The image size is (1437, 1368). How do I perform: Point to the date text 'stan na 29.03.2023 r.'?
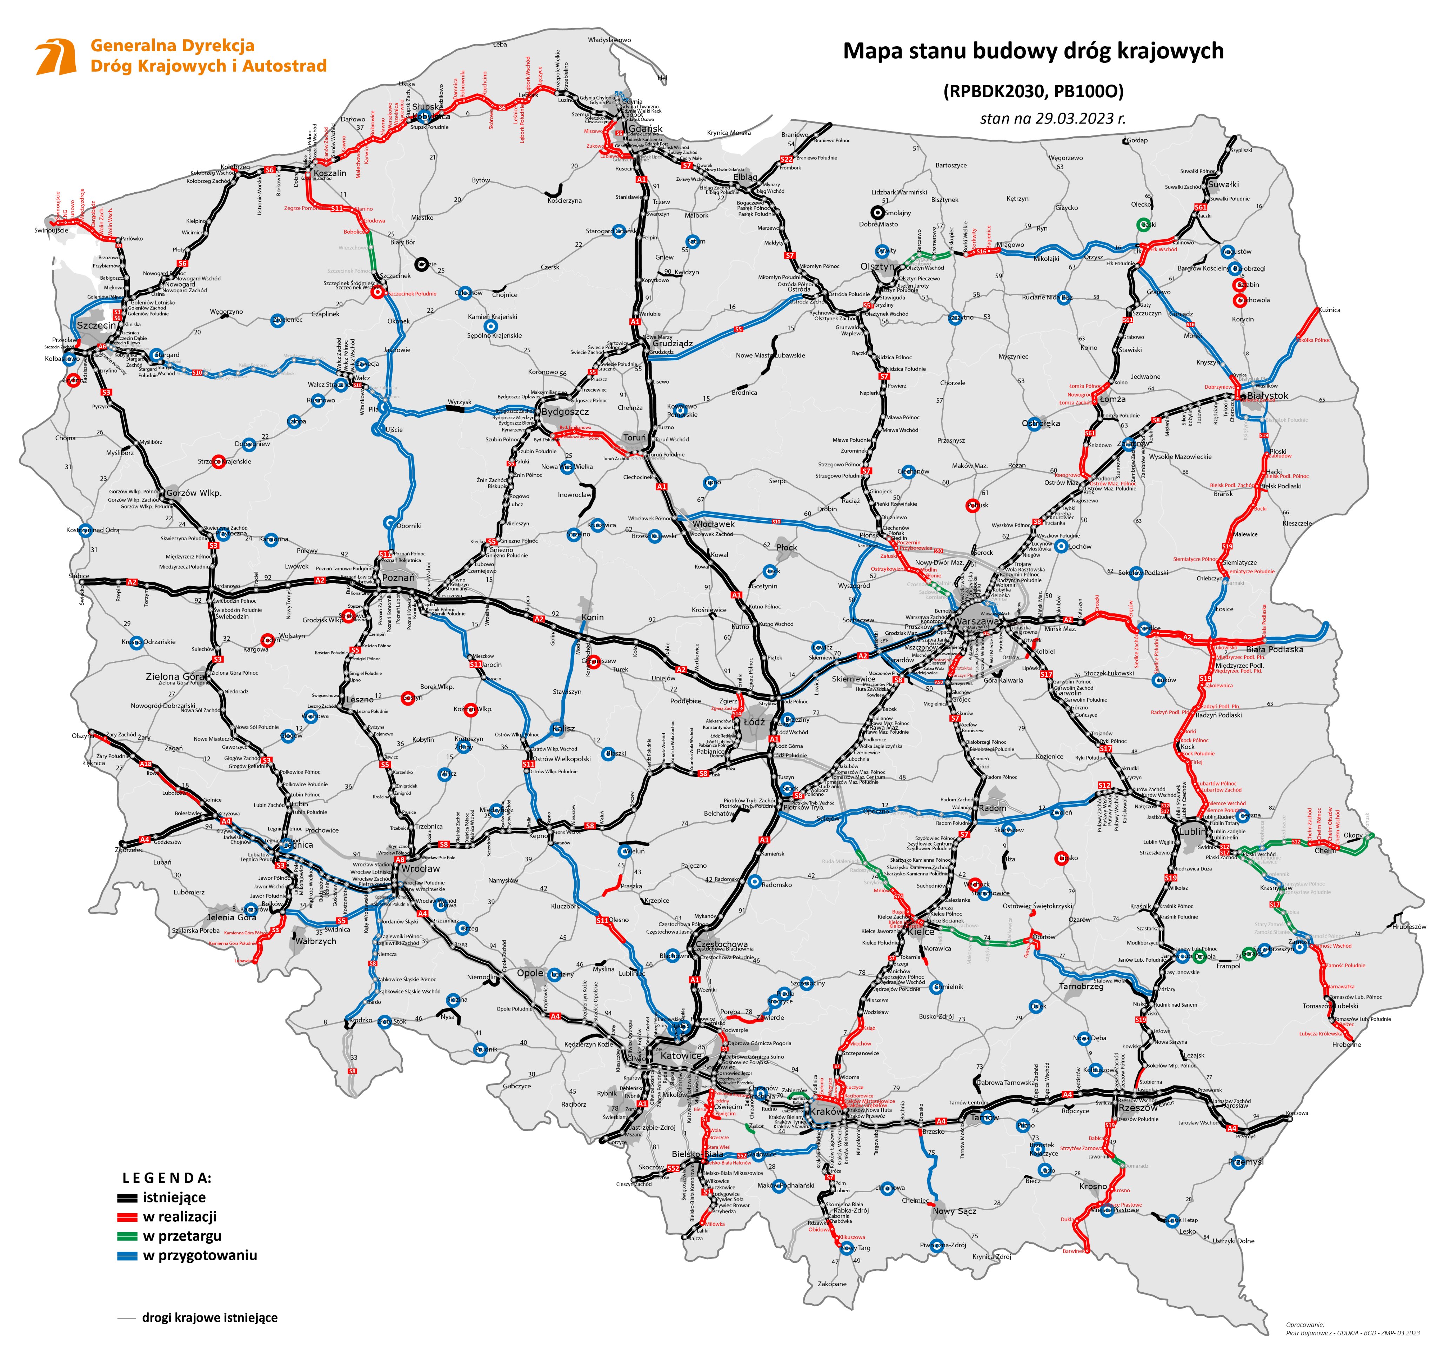click(x=1052, y=118)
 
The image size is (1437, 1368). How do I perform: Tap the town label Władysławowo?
click(x=609, y=40)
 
